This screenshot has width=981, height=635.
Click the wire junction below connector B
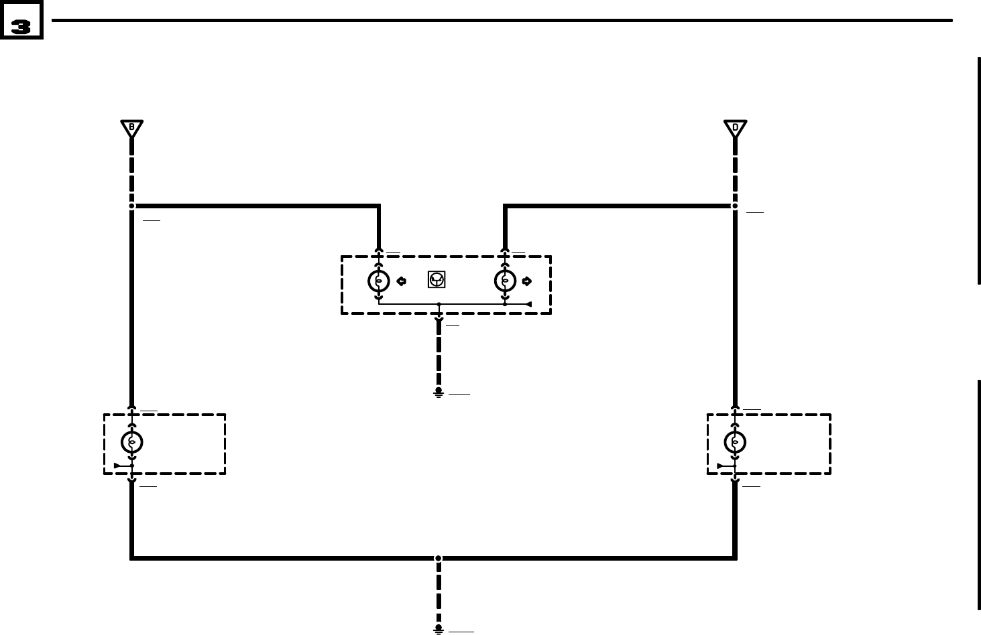[x=132, y=206]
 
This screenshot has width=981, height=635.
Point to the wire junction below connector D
[x=736, y=206]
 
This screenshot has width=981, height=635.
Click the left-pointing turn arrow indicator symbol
[x=401, y=281]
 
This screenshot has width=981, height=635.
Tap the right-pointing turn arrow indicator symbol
[x=526, y=281]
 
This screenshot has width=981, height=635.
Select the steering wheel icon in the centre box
[x=437, y=281]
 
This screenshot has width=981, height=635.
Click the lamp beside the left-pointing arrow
[x=379, y=281]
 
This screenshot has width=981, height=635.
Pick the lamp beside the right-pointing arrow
[x=505, y=281]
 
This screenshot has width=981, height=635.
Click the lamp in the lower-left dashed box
[x=132, y=442]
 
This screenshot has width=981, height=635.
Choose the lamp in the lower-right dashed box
[x=736, y=442]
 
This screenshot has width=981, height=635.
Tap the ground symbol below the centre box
[x=439, y=393]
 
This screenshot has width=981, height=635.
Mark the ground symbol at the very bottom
[x=439, y=629]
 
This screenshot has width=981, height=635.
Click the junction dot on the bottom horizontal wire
[x=439, y=558]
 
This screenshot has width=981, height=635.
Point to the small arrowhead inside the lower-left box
[x=118, y=466]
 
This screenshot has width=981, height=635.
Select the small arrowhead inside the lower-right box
[x=722, y=466]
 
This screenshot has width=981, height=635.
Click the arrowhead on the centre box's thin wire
[x=528, y=304]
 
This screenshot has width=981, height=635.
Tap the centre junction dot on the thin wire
[x=439, y=304]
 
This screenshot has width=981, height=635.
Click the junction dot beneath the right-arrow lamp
[x=505, y=304]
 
